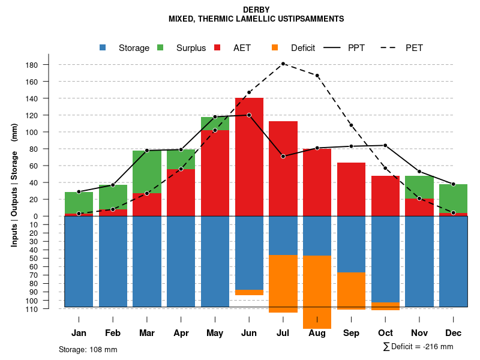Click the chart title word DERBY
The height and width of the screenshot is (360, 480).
click(x=256, y=10)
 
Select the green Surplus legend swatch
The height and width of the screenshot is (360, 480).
click(x=161, y=47)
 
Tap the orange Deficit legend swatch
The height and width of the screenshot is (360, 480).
click(x=275, y=47)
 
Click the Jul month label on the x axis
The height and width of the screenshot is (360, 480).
click(x=283, y=333)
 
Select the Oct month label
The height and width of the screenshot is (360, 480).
click(x=385, y=333)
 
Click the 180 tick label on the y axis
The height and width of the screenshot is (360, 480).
click(x=31, y=65)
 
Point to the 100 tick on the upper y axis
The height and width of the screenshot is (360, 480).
click(x=31, y=132)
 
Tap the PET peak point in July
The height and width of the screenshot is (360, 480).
click(x=283, y=64)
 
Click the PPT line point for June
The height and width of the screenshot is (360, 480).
click(x=249, y=115)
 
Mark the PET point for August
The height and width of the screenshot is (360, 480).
click(x=317, y=76)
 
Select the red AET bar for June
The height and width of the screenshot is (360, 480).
click(x=249, y=156)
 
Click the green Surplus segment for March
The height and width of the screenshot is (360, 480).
click(x=147, y=172)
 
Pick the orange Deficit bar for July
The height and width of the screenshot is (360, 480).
click(x=283, y=284)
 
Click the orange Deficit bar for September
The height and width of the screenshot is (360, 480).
click(x=351, y=291)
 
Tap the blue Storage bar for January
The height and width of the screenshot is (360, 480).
click(x=79, y=261)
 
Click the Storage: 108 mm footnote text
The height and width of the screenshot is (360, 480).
click(x=88, y=349)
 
